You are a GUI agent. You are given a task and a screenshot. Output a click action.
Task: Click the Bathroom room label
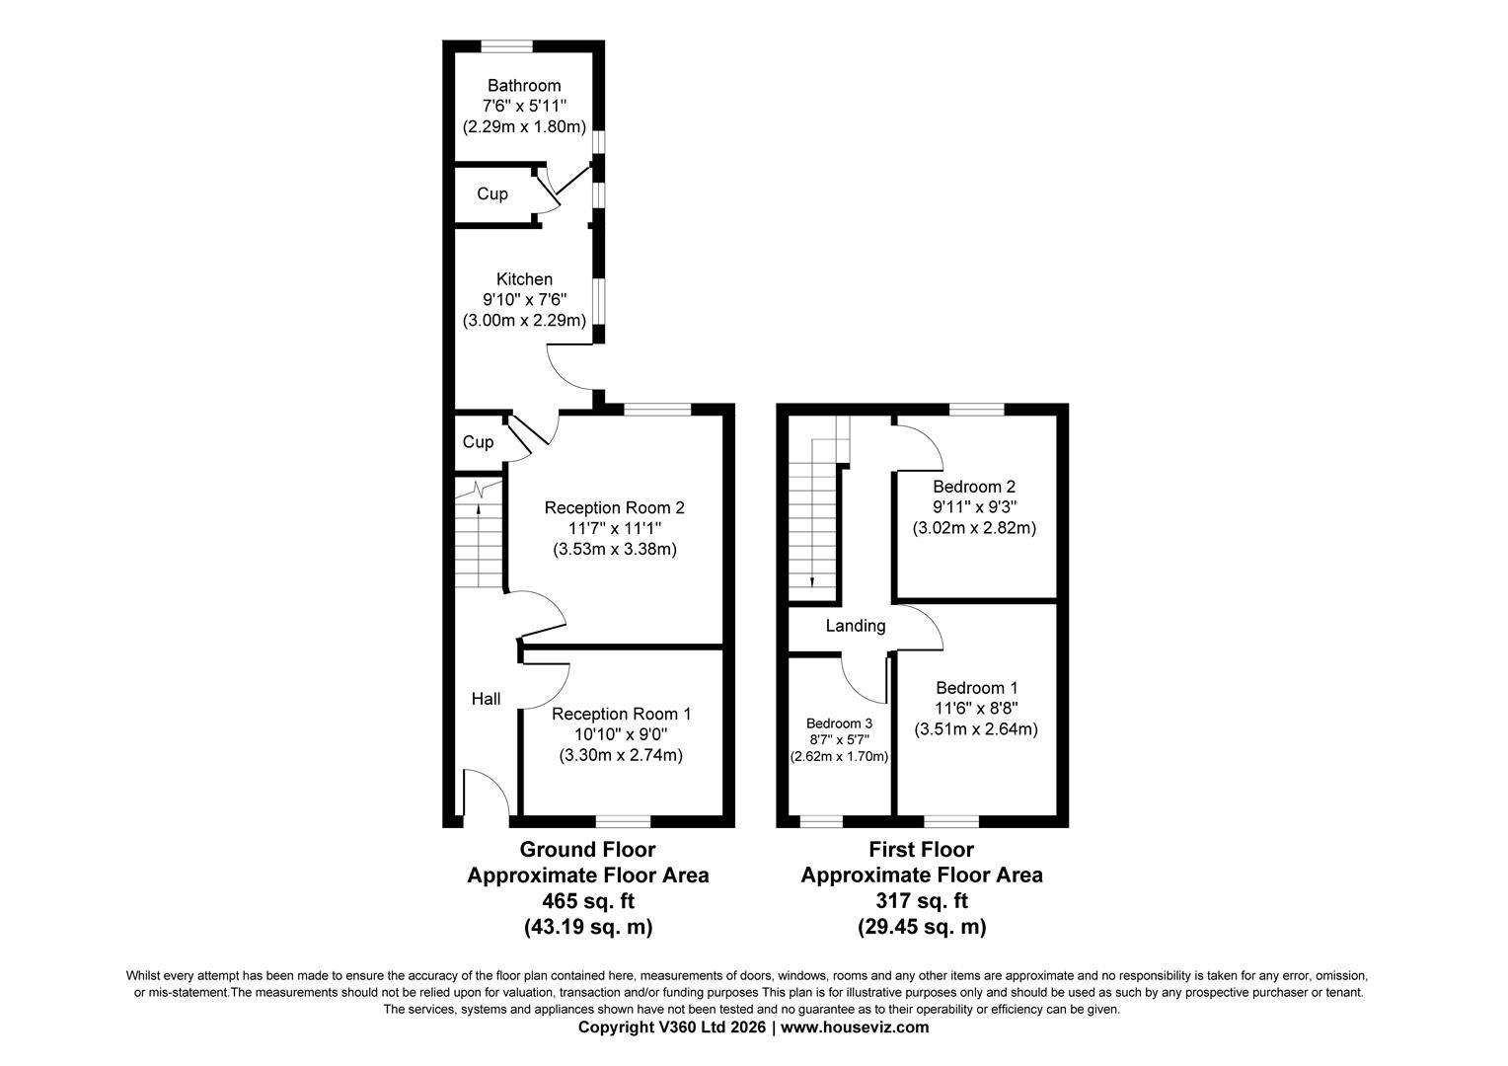[x=524, y=86]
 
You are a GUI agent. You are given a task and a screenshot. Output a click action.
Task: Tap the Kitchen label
[x=524, y=278]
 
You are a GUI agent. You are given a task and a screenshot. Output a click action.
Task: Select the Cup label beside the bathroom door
[x=492, y=193]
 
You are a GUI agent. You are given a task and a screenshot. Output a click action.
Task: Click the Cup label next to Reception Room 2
[x=478, y=442]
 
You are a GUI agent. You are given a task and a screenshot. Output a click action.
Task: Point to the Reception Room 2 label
[x=615, y=507]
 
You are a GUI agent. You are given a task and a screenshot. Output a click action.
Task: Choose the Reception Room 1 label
[x=622, y=714]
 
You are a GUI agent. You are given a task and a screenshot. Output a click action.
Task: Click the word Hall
[x=487, y=699]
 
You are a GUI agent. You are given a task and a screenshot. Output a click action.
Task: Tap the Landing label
[x=856, y=626]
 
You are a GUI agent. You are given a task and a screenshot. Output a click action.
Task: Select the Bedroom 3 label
[x=840, y=723]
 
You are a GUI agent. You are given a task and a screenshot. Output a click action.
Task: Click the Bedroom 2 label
[x=974, y=487]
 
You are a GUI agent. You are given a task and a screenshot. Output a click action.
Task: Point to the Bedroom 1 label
[x=977, y=688]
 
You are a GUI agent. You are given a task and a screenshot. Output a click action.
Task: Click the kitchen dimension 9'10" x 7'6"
[x=524, y=300]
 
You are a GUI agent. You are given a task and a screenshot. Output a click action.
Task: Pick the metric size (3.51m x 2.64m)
[x=976, y=729]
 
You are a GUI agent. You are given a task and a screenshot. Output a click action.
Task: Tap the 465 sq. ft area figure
[x=588, y=901]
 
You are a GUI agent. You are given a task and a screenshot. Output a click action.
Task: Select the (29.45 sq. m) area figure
[x=922, y=927]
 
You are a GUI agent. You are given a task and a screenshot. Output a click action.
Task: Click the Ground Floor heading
[x=588, y=849]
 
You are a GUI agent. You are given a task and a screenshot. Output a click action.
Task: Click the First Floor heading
[x=922, y=849]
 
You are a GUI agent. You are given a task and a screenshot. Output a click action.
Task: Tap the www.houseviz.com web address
[x=855, y=1027]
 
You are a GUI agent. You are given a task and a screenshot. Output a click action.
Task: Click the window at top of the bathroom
[x=507, y=45]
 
